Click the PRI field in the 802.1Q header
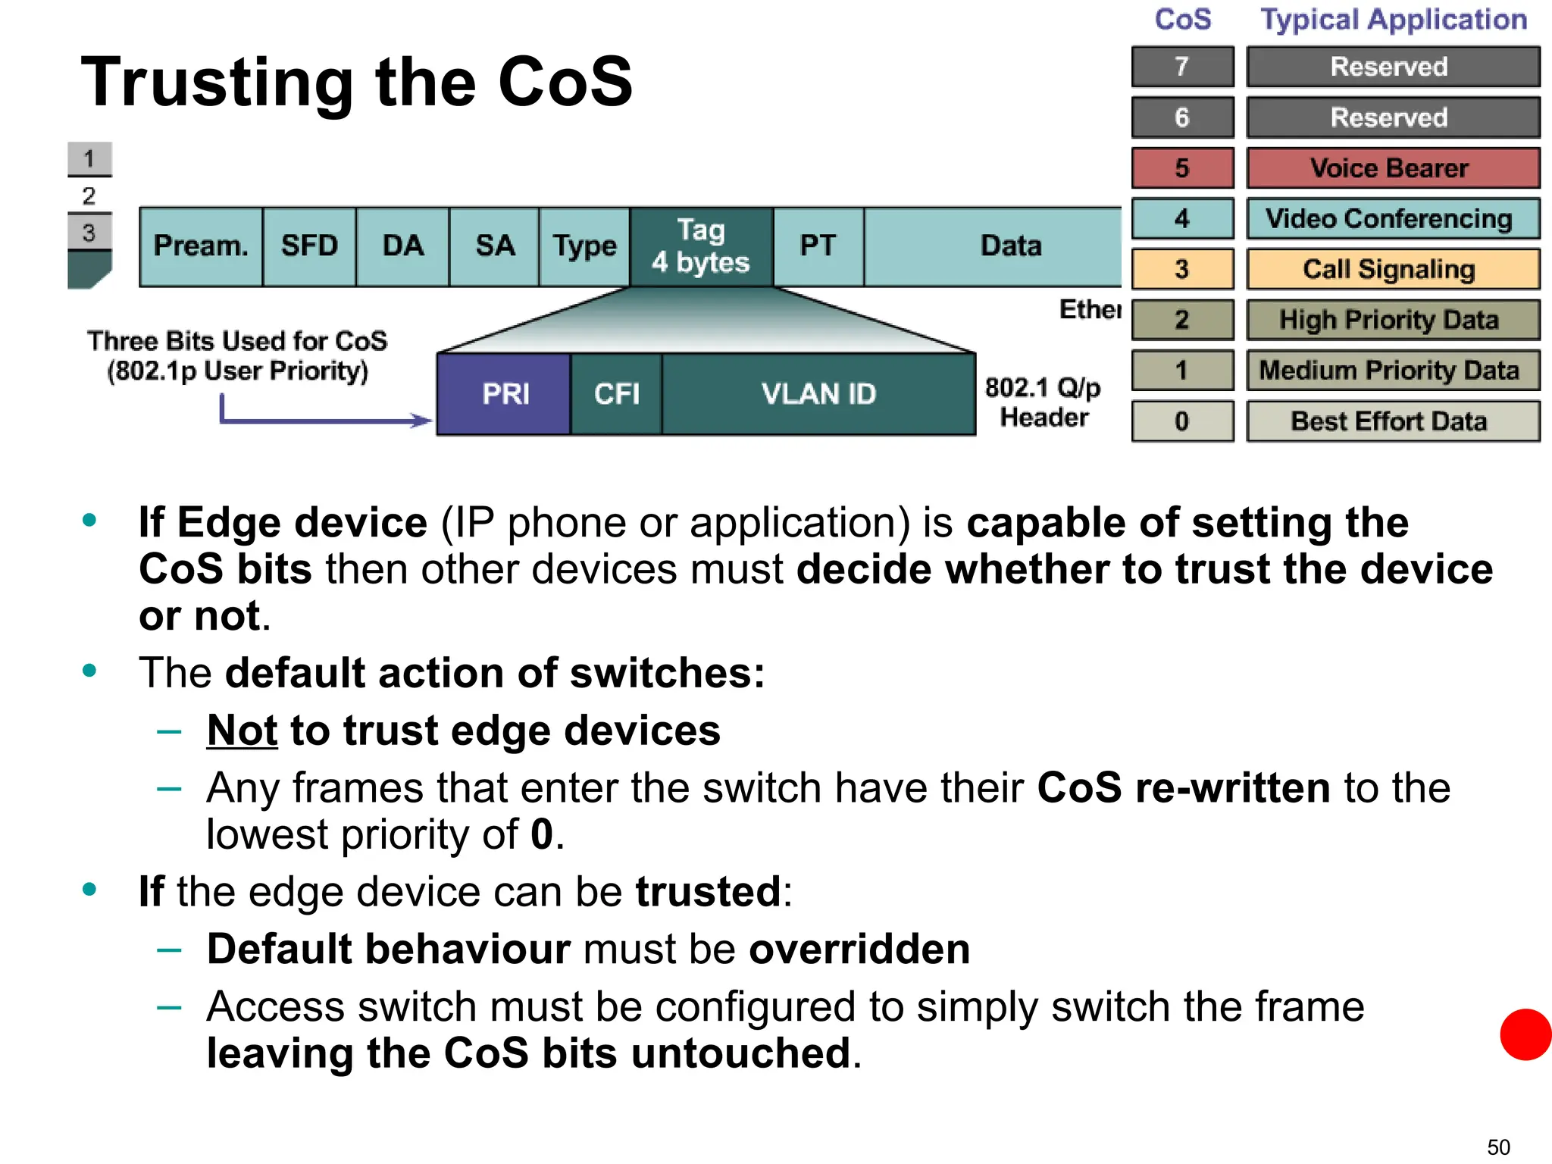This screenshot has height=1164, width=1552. pyautogui.click(x=504, y=394)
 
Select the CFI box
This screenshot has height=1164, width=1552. pyautogui.click(x=616, y=394)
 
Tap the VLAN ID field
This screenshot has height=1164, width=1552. pyautogui.click(x=818, y=394)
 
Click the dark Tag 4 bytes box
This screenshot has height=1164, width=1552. pyautogui.click(x=701, y=246)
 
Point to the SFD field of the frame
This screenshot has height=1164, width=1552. pyautogui.click(x=309, y=246)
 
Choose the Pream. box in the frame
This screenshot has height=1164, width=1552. pyautogui.click(x=201, y=246)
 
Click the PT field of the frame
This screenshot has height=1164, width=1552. pyautogui.click(x=818, y=246)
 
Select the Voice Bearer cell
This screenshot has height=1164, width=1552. pyautogui.click(x=1392, y=168)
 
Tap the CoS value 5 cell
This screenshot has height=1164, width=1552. pyautogui.click(x=1182, y=168)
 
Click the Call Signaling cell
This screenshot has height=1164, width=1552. pyautogui.click(x=1392, y=269)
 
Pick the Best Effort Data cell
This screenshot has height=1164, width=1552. pyautogui.click(x=1392, y=421)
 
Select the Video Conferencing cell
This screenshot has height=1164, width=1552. pyautogui.click(x=1392, y=219)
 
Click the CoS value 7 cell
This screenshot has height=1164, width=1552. pyautogui.click(x=1182, y=67)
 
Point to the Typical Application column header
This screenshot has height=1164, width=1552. pyautogui.click(x=1393, y=20)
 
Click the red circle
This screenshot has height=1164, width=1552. pyautogui.click(x=1525, y=1034)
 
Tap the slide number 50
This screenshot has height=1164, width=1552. pyautogui.click(x=1498, y=1147)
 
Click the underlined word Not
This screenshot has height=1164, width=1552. pyautogui.click(x=242, y=731)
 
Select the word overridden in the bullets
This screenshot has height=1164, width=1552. pyautogui.click(x=859, y=950)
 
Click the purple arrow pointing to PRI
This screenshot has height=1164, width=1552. pyautogui.click(x=326, y=419)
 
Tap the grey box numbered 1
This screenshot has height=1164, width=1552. pyautogui.click(x=89, y=159)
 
